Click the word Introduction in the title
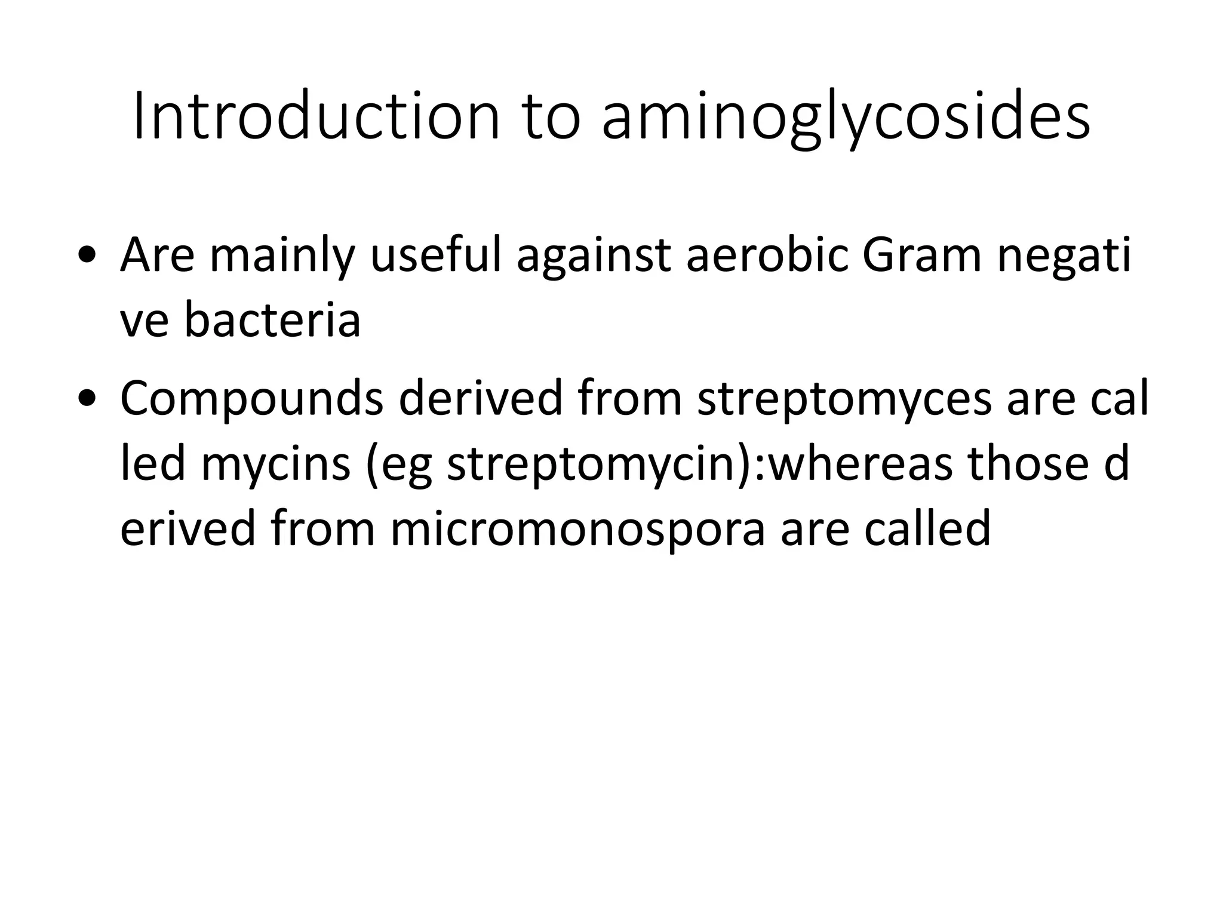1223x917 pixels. pyautogui.click(x=316, y=116)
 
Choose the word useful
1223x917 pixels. pyautogui.click(x=435, y=255)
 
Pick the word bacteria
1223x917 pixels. pyautogui.click(x=272, y=320)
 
